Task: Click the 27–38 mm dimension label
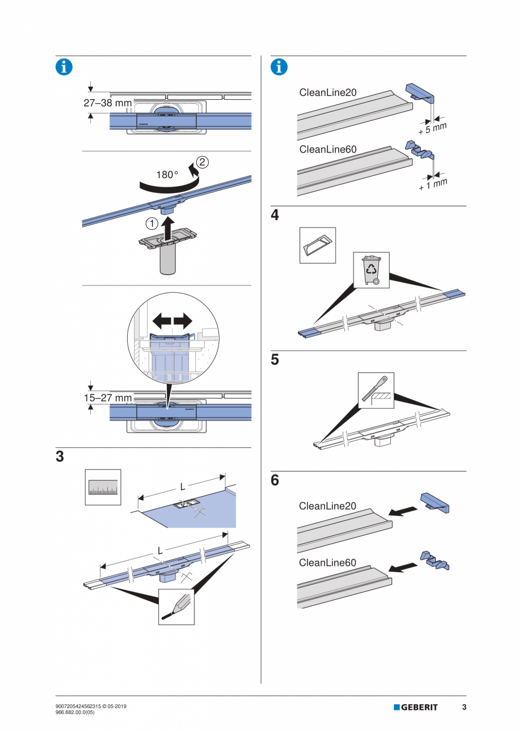pyautogui.click(x=108, y=103)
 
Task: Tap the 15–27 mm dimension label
pyautogui.click(x=108, y=398)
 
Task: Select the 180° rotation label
pyautogui.click(x=167, y=175)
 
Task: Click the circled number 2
pyautogui.click(x=203, y=162)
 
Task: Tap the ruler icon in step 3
pyautogui.click(x=103, y=487)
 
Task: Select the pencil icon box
pyautogui.click(x=176, y=606)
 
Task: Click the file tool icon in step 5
pyautogui.click(x=376, y=390)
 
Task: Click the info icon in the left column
pyautogui.click(x=64, y=66)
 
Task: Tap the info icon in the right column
pyautogui.click(x=279, y=66)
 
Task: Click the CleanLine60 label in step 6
pyautogui.click(x=327, y=563)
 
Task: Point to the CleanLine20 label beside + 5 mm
pyautogui.click(x=327, y=92)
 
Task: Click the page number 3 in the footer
pyautogui.click(x=464, y=707)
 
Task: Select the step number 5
pyautogui.click(x=275, y=360)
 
